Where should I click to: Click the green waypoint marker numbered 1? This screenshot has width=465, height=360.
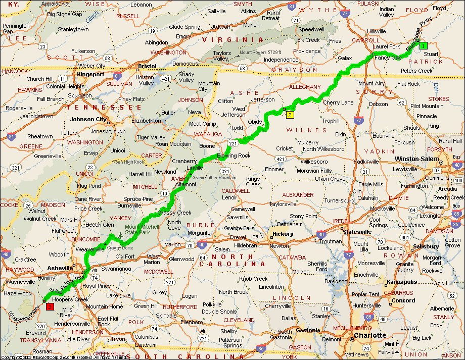coord(423,45)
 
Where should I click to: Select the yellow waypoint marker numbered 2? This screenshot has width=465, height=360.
coord(290,115)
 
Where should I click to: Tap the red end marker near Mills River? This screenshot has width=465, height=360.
coord(50,306)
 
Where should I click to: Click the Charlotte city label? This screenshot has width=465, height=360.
coord(369,335)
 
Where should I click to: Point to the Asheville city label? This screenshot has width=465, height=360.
coord(60,268)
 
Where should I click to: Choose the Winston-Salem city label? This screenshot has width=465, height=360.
coord(415,159)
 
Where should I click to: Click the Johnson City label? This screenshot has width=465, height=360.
coord(88,120)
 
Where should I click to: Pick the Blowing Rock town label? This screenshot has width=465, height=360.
coord(234,156)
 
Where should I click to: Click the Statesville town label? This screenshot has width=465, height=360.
coord(357,232)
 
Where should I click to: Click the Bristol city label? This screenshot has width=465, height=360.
coord(148,66)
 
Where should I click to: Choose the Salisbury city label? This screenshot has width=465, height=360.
coord(425,246)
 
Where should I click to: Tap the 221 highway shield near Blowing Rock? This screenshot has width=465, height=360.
coord(232,144)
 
